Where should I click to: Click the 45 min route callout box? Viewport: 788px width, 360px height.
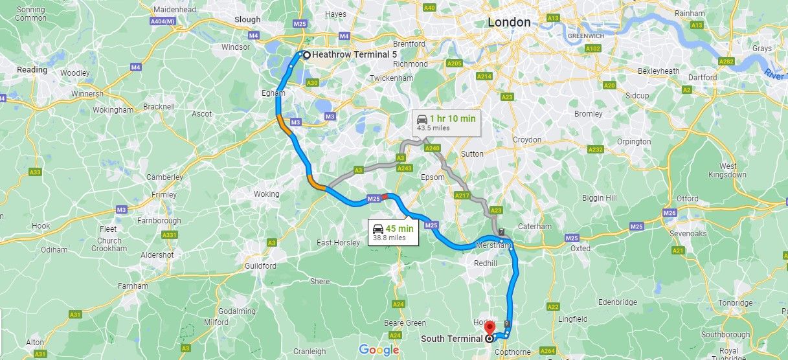pos(393,232)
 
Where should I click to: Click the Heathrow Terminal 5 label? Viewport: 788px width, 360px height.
pos(354,55)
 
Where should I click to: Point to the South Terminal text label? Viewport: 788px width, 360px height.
pos(451,338)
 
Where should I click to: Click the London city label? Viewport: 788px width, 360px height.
pos(509,22)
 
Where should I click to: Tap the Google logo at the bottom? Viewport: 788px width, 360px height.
pos(379,350)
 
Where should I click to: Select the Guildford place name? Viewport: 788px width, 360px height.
pos(261,266)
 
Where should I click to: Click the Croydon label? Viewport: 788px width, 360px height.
pos(527,140)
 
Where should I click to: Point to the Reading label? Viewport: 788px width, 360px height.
pos(32,70)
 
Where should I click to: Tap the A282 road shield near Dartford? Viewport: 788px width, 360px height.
pos(726,61)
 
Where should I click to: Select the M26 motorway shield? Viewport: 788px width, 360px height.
pos(670,213)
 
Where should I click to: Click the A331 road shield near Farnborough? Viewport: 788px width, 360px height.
pos(170,235)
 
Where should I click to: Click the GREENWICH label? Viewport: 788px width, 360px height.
pos(585,36)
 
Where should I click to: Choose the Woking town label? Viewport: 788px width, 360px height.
pos(266,194)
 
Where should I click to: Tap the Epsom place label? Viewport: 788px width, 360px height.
pos(433,177)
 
